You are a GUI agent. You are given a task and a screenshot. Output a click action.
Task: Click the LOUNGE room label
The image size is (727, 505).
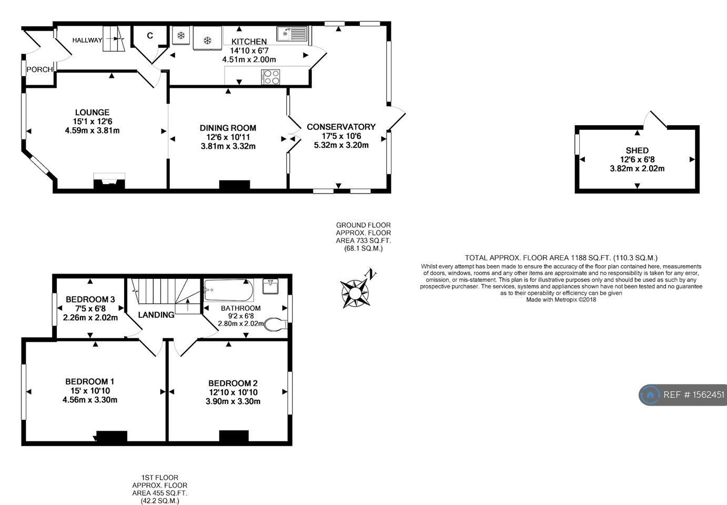(x=92, y=112)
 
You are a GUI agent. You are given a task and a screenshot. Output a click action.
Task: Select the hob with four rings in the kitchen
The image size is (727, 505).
(x=270, y=77)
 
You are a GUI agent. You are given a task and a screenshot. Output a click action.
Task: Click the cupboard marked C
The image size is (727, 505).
(x=149, y=36)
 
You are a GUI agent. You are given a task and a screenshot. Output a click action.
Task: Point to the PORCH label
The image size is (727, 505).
(x=39, y=69)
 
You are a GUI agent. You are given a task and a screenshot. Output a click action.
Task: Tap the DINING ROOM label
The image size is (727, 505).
(x=228, y=128)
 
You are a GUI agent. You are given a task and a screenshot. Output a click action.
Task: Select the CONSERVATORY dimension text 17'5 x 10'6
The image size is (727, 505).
(x=341, y=136)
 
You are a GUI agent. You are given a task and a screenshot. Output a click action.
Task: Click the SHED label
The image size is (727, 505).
(x=637, y=150)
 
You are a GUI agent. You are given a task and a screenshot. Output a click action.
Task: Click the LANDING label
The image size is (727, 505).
(x=156, y=315)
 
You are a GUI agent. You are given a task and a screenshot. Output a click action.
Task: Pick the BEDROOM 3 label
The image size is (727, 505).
(x=90, y=299)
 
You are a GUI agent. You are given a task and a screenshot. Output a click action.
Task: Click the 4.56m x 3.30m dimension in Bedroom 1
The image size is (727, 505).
(x=89, y=400)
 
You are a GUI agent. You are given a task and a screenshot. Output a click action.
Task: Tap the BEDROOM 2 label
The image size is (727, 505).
(x=233, y=383)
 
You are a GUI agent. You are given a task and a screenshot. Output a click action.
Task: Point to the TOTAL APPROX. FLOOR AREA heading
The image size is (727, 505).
(x=561, y=258)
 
